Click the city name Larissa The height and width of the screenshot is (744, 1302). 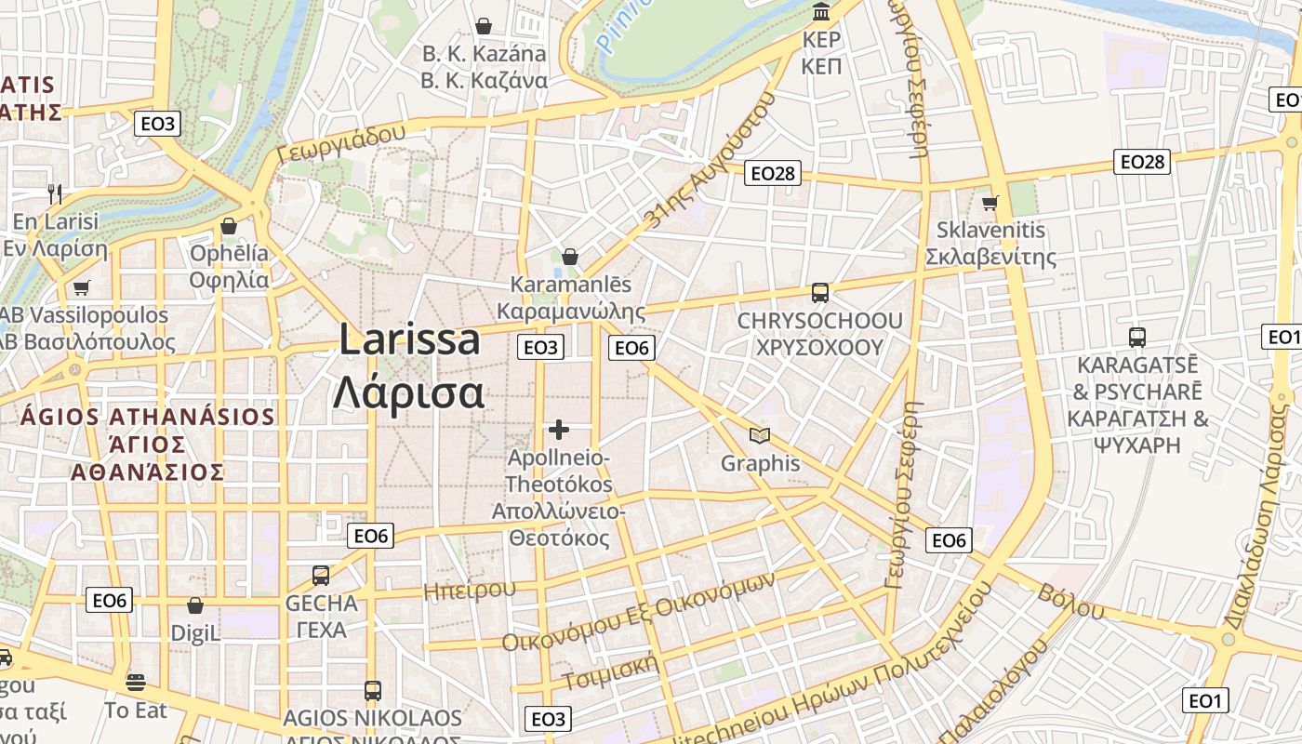[409, 340]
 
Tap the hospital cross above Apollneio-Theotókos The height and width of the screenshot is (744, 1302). [558, 430]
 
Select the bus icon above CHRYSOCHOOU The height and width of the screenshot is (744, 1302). [819, 293]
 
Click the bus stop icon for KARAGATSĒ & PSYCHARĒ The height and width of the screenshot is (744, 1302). [1136, 337]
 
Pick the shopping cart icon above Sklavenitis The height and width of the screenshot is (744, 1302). [990, 203]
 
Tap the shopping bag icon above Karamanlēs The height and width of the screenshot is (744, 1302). [570, 257]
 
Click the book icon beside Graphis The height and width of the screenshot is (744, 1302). [760, 435]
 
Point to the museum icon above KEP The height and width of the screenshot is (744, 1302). [821, 12]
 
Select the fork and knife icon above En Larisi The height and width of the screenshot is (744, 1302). [55, 194]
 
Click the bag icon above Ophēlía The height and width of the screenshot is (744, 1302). [228, 226]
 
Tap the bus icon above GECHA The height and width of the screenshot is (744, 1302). [321, 575]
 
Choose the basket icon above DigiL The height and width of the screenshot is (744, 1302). [195, 606]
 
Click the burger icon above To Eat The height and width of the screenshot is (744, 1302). [136, 683]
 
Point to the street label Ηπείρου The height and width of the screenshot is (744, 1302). [469, 591]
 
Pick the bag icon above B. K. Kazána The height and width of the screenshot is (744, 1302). [484, 25]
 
